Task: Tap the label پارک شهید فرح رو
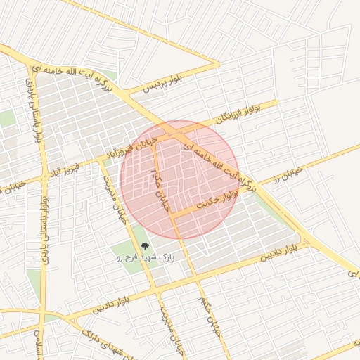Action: [146, 258]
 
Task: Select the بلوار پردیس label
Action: [162, 83]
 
